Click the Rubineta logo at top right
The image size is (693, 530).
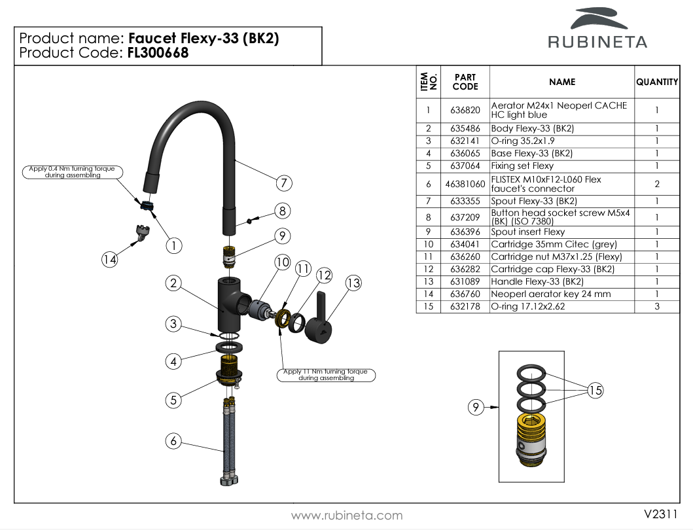tap(596, 29)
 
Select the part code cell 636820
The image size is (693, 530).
tap(465, 110)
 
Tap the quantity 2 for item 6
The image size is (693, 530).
tap(656, 185)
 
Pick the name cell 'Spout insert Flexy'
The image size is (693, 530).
tap(528, 232)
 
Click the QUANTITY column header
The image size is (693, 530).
tap(656, 82)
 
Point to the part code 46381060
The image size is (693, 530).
tap(465, 185)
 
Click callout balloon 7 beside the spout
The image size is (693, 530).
tap(283, 183)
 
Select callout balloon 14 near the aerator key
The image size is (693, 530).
tap(109, 260)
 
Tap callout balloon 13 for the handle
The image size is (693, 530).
tap(353, 283)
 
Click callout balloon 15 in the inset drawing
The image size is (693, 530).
tap(595, 390)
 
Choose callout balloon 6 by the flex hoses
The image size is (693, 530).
tap(173, 441)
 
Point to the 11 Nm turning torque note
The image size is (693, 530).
tap(326, 375)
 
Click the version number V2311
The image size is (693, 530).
tap(660, 514)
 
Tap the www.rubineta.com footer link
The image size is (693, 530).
tap(346, 516)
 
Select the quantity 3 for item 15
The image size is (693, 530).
tap(656, 307)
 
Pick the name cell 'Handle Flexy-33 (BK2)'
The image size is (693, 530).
tap(537, 282)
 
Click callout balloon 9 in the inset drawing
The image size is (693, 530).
tap(476, 408)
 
